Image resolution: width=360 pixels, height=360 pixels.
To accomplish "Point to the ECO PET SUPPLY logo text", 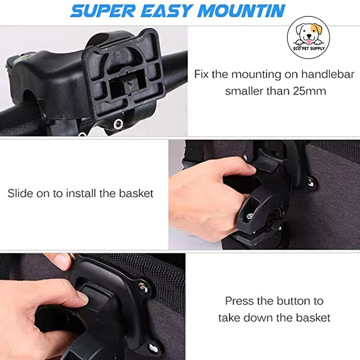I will (x=309, y=49).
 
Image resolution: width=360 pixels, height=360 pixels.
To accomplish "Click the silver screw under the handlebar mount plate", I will (x=118, y=123).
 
